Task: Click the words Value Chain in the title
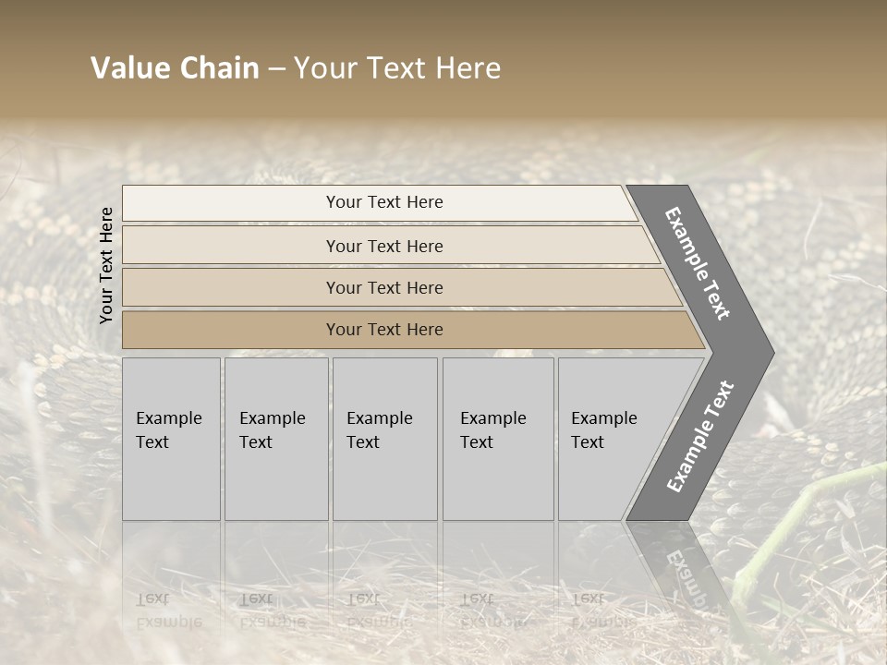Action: (x=175, y=68)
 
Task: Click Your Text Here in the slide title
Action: (x=397, y=68)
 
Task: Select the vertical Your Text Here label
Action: (x=106, y=265)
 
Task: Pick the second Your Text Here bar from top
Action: (x=383, y=246)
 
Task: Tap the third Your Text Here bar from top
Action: (x=383, y=287)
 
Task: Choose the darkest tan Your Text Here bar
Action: (x=383, y=330)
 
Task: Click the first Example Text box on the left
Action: (x=171, y=439)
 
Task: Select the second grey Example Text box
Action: (x=276, y=439)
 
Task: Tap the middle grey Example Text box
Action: (x=384, y=439)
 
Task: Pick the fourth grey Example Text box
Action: (x=498, y=439)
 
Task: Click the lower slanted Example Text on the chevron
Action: (x=700, y=436)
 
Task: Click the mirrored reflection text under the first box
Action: (x=169, y=610)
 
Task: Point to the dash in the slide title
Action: (x=276, y=69)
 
